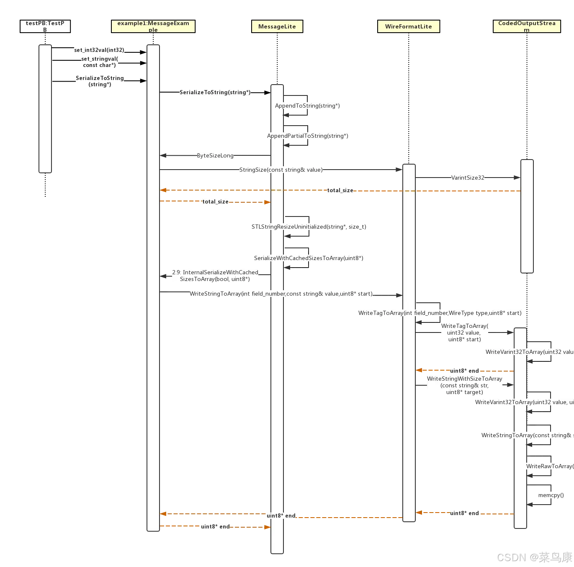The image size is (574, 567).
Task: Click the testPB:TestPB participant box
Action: (45, 26)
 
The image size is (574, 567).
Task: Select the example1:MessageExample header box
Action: (153, 26)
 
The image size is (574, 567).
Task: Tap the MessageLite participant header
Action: (277, 26)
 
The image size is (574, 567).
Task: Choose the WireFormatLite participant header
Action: (409, 26)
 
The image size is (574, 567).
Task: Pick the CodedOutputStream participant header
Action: (527, 26)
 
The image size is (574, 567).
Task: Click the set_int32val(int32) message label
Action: (99, 50)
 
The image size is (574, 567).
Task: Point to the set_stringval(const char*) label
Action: (100, 62)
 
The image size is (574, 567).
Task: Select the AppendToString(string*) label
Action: (307, 106)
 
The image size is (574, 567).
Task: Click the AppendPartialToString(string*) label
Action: (308, 136)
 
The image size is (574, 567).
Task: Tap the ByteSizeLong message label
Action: (215, 155)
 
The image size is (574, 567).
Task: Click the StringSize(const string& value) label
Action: (281, 170)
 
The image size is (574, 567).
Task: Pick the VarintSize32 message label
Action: (468, 178)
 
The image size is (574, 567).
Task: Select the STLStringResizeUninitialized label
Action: (309, 227)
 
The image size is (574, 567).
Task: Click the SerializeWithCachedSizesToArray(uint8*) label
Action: (309, 258)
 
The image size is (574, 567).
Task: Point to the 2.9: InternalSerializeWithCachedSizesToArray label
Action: (215, 276)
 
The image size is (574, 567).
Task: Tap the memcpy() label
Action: (551, 495)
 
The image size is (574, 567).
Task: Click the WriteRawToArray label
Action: (550, 466)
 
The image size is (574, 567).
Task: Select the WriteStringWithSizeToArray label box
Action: (465, 385)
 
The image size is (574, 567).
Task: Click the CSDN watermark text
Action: (534, 557)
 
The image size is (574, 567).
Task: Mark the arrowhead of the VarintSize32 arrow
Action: (517, 178)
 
